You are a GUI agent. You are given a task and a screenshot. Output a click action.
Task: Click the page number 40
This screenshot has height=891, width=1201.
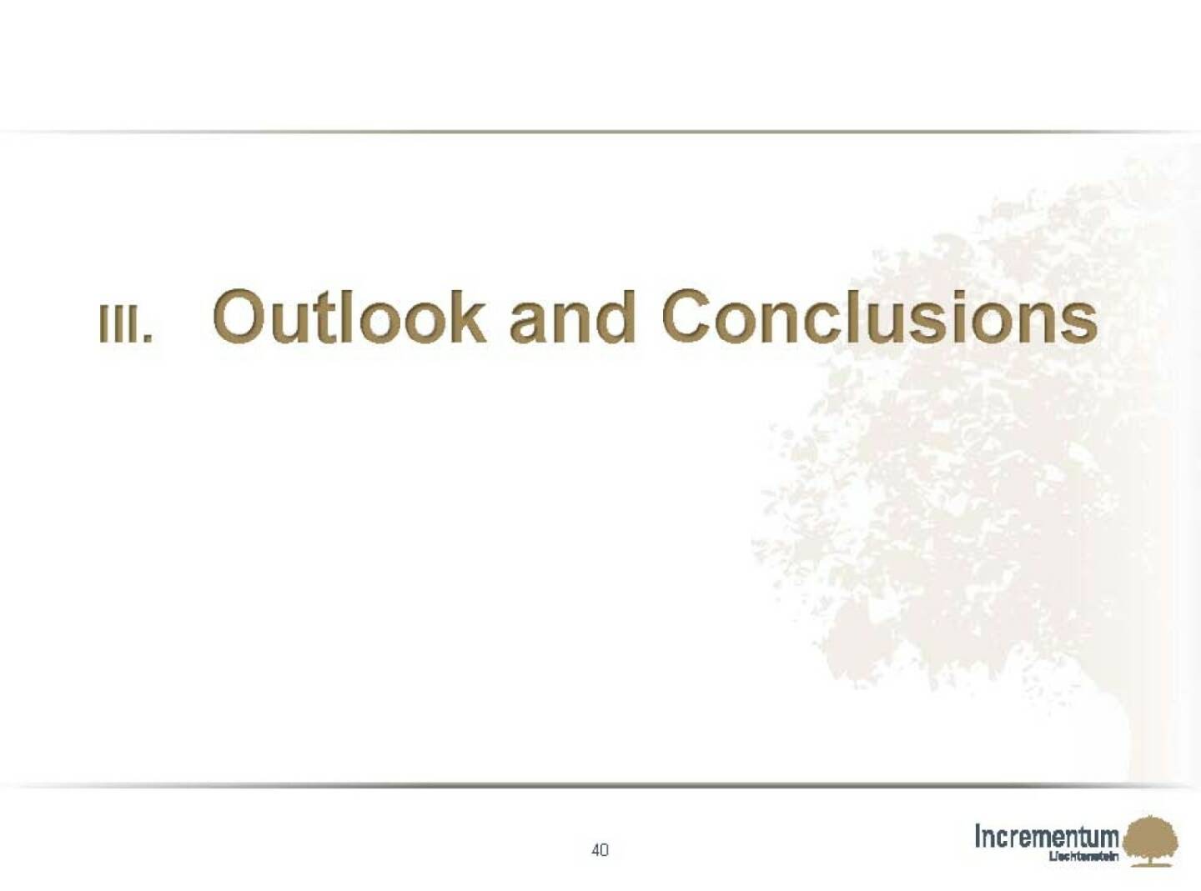[x=600, y=850]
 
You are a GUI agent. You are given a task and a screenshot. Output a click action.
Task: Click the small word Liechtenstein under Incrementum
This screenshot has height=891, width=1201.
[x=1083, y=857]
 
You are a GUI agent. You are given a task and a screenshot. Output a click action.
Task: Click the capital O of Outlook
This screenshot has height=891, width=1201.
[x=242, y=318]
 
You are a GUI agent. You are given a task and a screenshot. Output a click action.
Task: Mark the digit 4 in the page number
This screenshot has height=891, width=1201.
[x=595, y=850]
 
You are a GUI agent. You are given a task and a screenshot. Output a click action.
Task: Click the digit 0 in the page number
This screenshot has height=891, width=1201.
[x=605, y=850]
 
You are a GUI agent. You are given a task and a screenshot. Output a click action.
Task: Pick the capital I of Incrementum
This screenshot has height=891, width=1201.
[x=978, y=835]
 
